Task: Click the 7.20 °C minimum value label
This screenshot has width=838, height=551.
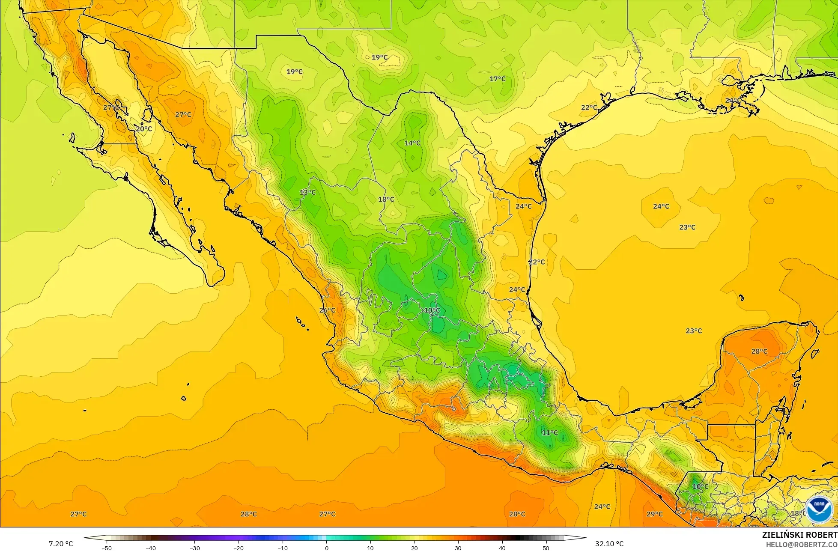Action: (x=60, y=544)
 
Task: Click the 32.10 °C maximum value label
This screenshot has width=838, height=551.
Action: (x=609, y=544)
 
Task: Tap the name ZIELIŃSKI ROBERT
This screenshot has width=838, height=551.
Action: (x=799, y=535)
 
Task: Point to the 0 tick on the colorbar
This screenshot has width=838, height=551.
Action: (x=326, y=548)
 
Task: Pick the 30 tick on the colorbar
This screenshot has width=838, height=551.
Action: (x=458, y=548)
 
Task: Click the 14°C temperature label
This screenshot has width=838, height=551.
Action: (x=412, y=143)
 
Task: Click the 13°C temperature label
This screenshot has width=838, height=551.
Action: (x=307, y=192)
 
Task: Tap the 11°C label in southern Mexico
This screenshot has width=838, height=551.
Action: (x=550, y=433)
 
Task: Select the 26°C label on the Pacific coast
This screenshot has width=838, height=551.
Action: (x=327, y=310)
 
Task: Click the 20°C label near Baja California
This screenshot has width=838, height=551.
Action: (x=144, y=128)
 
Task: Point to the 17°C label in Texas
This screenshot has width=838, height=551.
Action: (x=498, y=79)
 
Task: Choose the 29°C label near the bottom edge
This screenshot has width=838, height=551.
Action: (x=654, y=514)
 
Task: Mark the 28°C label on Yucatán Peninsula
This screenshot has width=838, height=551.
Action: (x=759, y=351)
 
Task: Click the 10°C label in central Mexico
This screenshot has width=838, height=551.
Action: (x=432, y=310)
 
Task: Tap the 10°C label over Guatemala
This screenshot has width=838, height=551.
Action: (x=701, y=487)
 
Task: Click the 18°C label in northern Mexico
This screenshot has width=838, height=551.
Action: (x=386, y=199)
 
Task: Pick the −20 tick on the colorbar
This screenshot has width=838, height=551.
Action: (x=239, y=548)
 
